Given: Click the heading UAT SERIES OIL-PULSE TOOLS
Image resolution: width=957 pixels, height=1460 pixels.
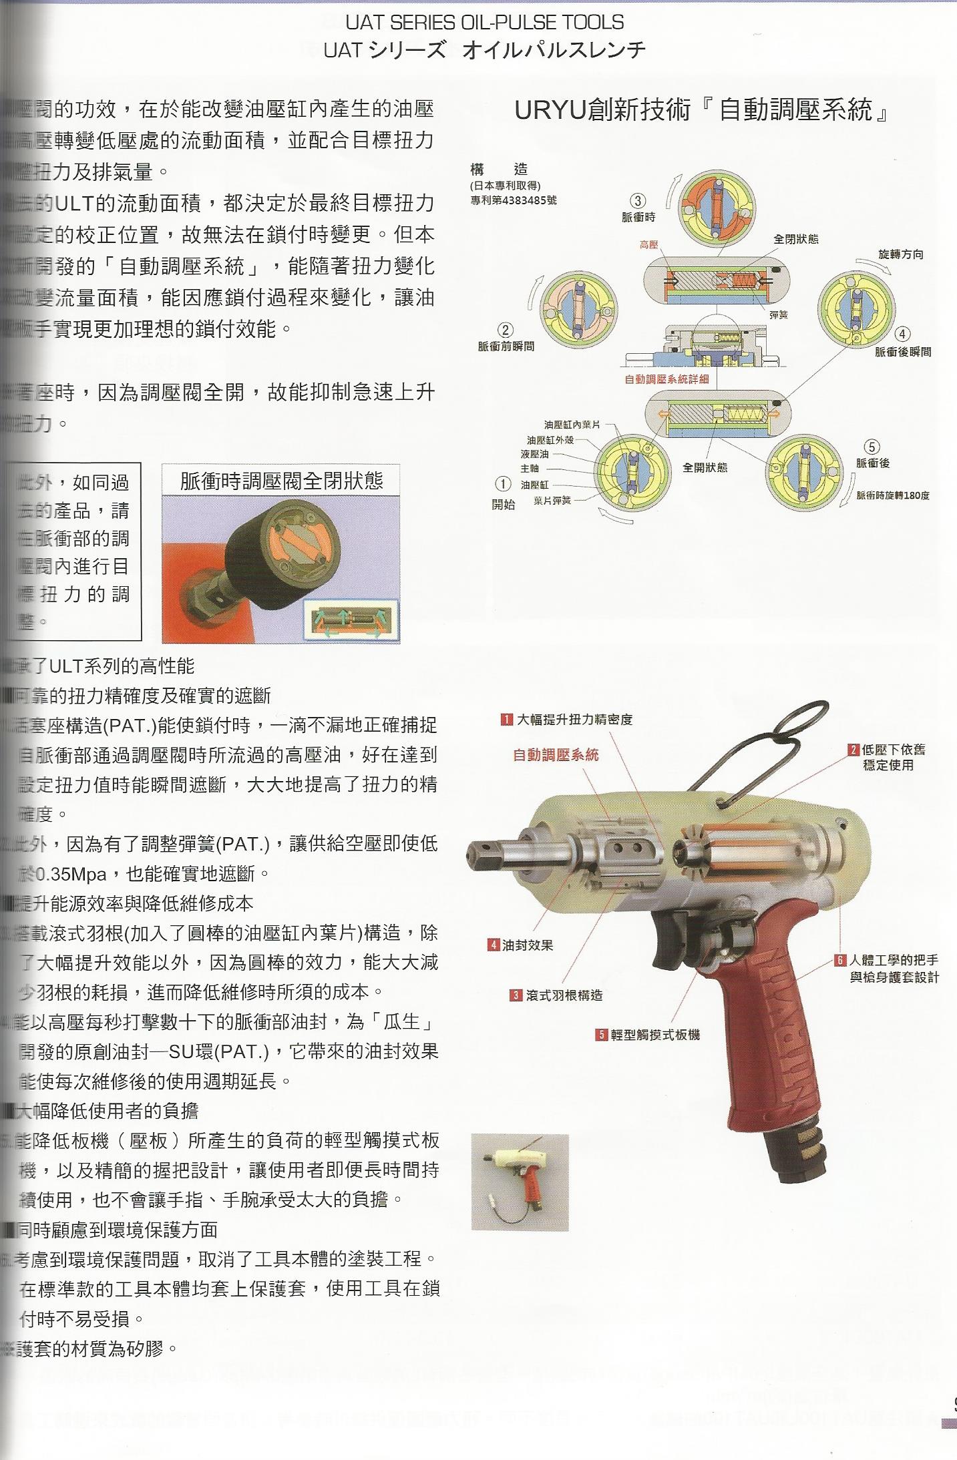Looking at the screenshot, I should [x=484, y=22].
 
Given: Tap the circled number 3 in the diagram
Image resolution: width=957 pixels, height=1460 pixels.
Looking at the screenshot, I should [x=638, y=200].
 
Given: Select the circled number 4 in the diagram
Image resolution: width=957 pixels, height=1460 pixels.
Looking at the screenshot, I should [x=902, y=334].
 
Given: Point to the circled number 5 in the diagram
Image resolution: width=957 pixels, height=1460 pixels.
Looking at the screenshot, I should [x=872, y=446].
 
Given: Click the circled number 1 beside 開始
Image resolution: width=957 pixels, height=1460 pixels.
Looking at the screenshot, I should [x=503, y=484].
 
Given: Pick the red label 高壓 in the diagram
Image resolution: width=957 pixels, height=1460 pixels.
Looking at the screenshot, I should [x=648, y=245].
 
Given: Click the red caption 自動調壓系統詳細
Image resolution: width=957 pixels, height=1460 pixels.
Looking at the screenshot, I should [x=666, y=379].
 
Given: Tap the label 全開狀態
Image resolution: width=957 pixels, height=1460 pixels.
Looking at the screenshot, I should [x=705, y=467].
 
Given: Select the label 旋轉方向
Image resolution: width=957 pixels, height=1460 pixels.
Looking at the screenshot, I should [x=900, y=254].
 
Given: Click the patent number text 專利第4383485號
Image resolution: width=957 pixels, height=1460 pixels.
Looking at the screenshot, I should [x=513, y=200].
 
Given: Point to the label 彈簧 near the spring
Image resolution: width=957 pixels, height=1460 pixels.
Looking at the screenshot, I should [x=779, y=314].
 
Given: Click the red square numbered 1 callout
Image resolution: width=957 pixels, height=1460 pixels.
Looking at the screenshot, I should [x=507, y=720].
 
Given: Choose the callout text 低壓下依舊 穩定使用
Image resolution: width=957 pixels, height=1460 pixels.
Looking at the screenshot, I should [x=893, y=757].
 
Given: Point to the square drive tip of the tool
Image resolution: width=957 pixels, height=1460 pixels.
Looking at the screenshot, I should [x=480, y=853].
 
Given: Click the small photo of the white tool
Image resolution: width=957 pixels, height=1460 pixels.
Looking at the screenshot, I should [x=520, y=1182].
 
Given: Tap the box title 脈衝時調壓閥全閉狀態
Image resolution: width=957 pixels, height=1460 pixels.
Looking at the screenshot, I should [x=281, y=481].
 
